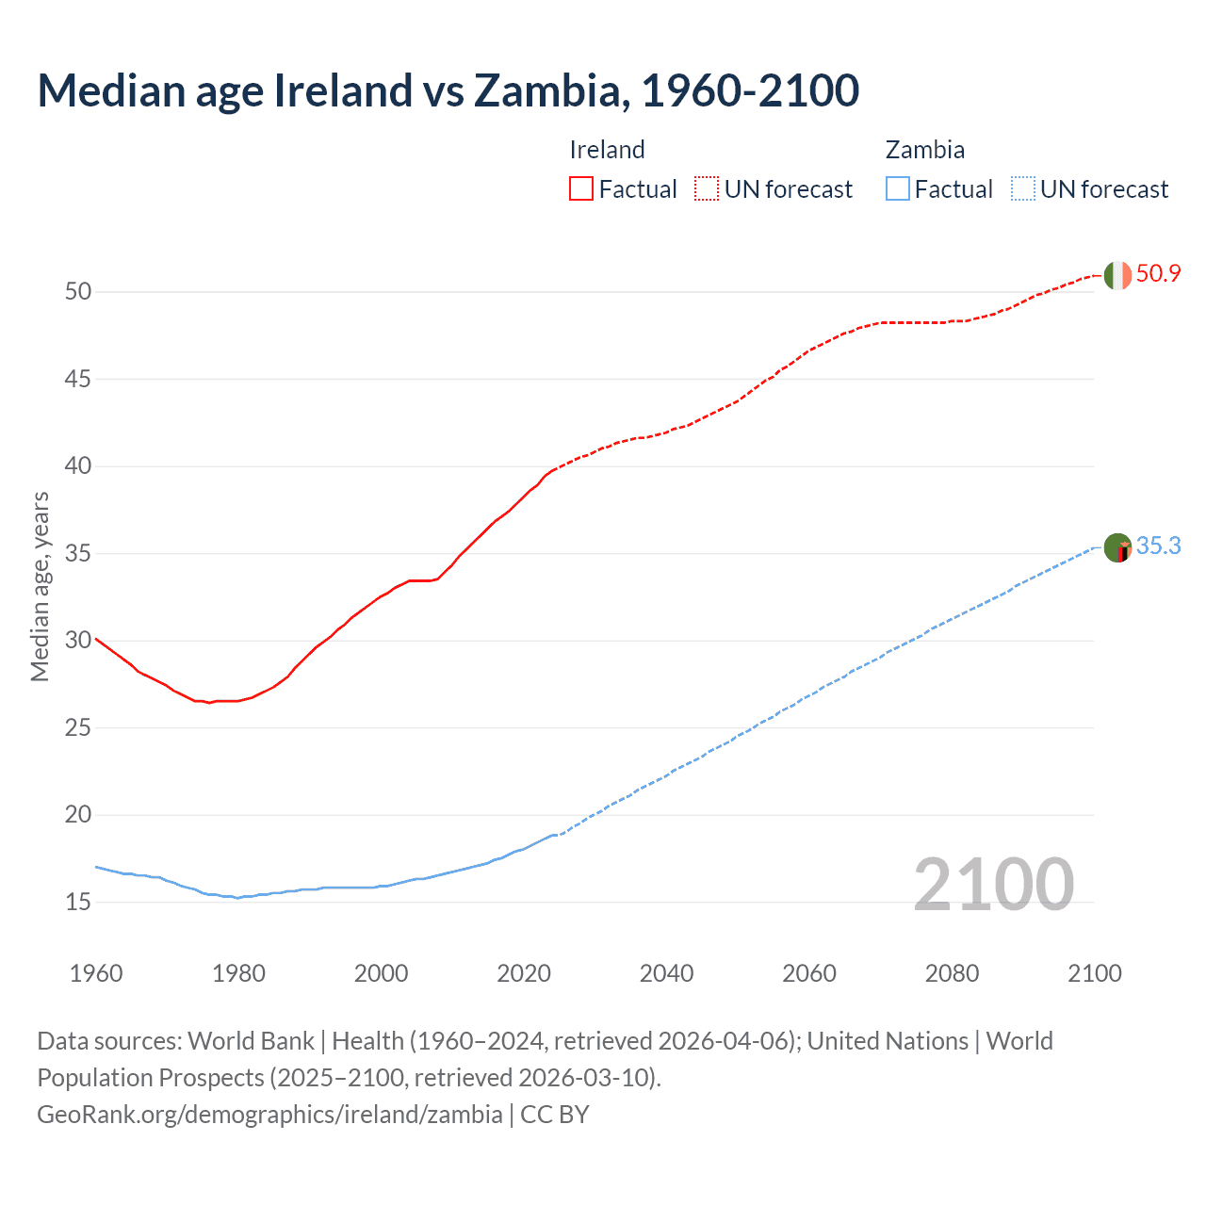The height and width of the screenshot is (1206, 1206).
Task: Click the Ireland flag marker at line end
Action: [x=1117, y=275]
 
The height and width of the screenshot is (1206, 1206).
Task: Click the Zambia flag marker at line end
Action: [x=1117, y=547]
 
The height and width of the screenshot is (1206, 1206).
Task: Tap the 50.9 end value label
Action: [x=1158, y=274]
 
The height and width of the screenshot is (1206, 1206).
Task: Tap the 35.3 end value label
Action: [x=1158, y=546]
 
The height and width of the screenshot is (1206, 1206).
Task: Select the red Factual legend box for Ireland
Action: [x=581, y=189]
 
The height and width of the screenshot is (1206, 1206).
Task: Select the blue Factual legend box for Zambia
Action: [x=897, y=189]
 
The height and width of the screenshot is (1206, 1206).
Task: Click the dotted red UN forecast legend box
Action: [x=707, y=189]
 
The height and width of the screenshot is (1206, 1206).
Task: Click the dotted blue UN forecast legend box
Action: [x=1022, y=189]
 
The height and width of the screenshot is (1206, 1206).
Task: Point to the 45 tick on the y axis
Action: [x=78, y=379]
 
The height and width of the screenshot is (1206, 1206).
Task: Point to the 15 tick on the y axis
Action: [x=78, y=902]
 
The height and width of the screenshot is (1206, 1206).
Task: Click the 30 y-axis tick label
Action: [x=78, y=641]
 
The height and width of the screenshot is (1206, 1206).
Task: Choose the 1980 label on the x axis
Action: [x=238, y=973]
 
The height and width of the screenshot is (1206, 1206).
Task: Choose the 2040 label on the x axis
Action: [x=666, y=973]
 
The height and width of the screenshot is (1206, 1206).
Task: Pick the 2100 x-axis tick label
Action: [x=1094, y=973]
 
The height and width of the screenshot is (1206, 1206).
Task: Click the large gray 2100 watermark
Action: [x=993, y=884]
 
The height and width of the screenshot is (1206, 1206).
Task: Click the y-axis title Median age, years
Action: [x=40, y=586]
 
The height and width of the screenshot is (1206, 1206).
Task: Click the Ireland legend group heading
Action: [x=607, y=150]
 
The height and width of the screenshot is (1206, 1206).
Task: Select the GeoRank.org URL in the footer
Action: [x=269, y=1115]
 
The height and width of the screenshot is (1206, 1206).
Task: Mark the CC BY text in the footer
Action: [x=555, y=1115]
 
